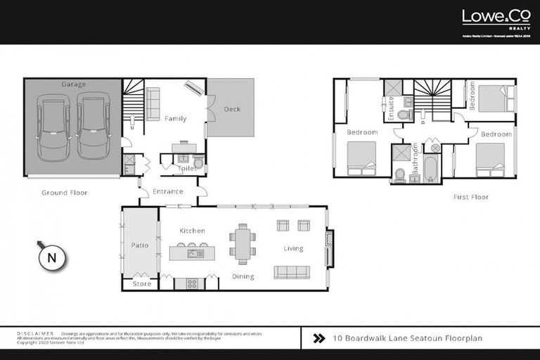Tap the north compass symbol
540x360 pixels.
pyautogui.click(x=51, y=257)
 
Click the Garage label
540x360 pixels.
pyautogui.click(x=73, y=84)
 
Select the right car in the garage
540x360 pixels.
pyautogui.click(x=94, y=127)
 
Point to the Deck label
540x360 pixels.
pyautogui.click(x=232, y=109)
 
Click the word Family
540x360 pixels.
pyautogui.click(x=175, y=119)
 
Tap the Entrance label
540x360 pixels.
pyautogui.click(x=167, y=191)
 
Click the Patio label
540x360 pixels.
pyautogui.click(x=140, y=245)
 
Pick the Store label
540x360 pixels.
pyautogui.click(x=141, y=284)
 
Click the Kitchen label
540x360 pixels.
pyautogui.click(x=191, y=231)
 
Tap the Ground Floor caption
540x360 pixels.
pyautogui.click(x=64, y=193)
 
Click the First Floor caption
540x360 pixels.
pyautogui.click(x=470, y=198)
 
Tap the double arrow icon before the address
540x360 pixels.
pyautogui.click(x=318, y=338)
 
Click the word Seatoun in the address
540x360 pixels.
pyautogui.click(x=421, y=338)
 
